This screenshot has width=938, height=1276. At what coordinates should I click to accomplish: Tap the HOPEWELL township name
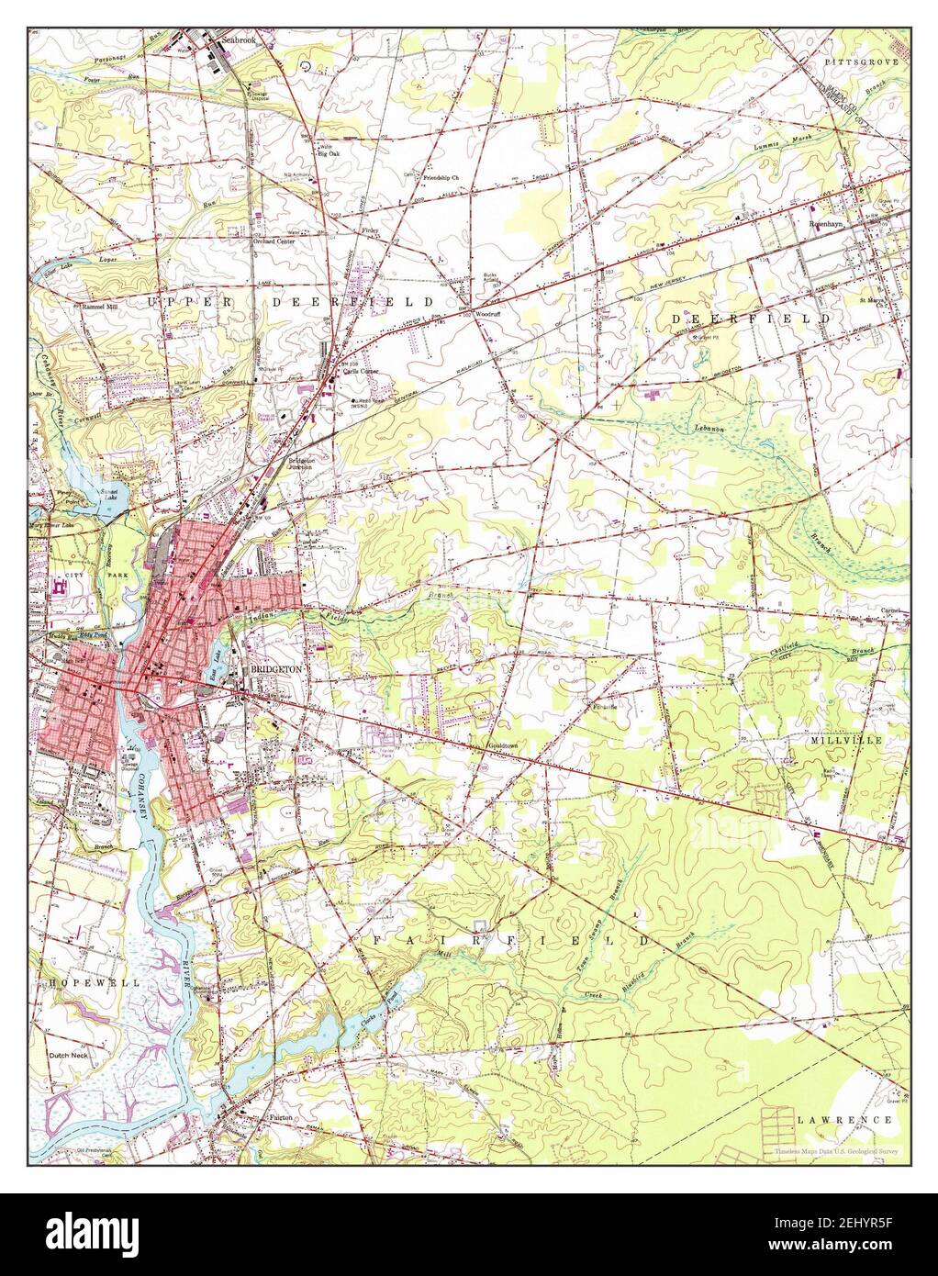[89, 982]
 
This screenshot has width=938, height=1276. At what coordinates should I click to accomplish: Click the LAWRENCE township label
[844, 1120]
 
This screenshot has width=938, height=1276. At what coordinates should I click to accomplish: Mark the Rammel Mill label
[101, 307]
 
